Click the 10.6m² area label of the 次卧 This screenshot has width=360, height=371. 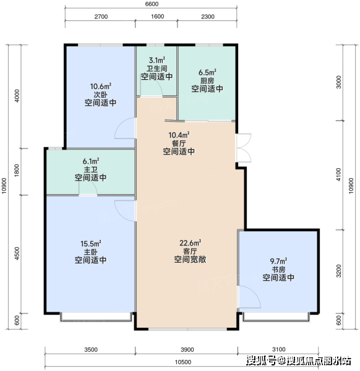tap(101, 87)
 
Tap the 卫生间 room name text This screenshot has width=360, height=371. tap(156, 69)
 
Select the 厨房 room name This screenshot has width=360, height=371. tap(207, 81)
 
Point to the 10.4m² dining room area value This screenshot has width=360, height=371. tap(179, 135)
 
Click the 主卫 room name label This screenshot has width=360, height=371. tap(91, 169)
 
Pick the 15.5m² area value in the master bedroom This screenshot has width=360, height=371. tap(91, 244)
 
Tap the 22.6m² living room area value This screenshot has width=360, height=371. tap(191, 243)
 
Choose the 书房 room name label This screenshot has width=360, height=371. tap(278, 270)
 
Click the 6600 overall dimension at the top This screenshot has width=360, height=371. tap(152, 4)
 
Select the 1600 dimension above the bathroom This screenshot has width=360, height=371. tap(157, 16)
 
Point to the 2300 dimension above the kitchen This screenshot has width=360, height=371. tap(208, 17)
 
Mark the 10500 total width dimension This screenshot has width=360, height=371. tap(183, 362)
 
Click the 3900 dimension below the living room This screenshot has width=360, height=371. tap(187, 350)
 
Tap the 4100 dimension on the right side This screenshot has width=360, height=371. tap(339, 174)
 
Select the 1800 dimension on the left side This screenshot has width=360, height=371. tap(17, 171)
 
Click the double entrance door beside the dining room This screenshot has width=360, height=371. tap(244, 148)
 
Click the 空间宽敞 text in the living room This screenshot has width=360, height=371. tap(191, 259)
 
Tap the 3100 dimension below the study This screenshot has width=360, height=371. tap(279, 349)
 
